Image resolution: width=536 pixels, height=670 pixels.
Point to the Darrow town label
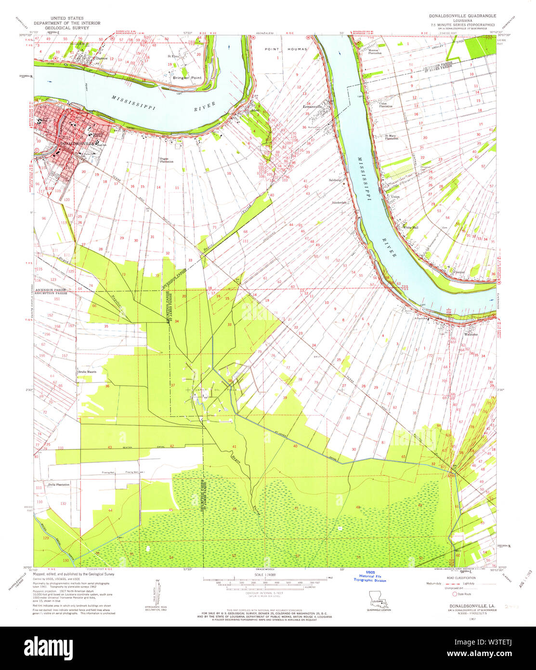click(101, 58)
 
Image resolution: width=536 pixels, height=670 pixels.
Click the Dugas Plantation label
click(167, 160)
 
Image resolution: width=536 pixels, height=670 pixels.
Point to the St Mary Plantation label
click(391, 137)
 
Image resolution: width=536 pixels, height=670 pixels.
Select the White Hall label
click(410, 227)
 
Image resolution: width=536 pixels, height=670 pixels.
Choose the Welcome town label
click(471, 334)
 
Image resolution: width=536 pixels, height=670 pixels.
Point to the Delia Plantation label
click(59, 484)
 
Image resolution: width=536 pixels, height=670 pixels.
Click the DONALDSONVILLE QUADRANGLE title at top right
click(462, 16)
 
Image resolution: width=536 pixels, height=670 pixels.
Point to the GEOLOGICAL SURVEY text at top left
click(67, 28)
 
